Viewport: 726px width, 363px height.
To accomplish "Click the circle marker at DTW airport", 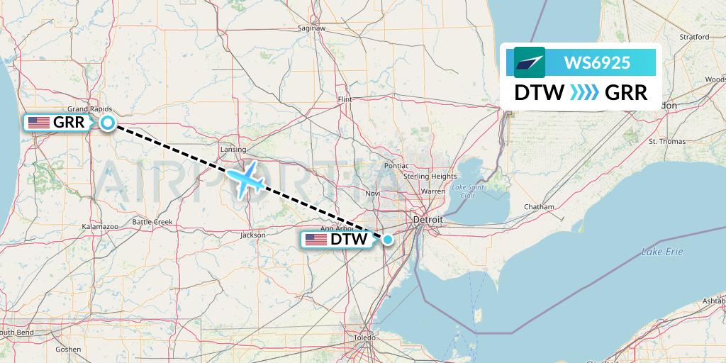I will point(388,240).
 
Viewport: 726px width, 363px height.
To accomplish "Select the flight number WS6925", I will point(597,62).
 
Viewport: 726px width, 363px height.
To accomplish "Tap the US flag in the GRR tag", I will point(39,123).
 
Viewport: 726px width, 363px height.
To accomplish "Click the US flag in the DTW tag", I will point(316,240).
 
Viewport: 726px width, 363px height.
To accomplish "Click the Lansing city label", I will point(233,150).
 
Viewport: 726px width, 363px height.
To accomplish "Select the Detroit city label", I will point(428,220).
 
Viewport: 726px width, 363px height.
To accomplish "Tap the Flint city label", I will point(345,99).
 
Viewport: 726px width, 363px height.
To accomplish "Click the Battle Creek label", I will point(152,222).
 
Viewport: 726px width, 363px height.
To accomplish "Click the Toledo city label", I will point(364,337).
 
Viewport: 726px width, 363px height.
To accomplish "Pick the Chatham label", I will point(538,207).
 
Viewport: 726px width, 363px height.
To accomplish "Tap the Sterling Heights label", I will point(430,176).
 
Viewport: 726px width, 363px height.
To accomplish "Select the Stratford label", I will point(694,36).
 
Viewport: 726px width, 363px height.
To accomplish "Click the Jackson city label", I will point(253,235).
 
